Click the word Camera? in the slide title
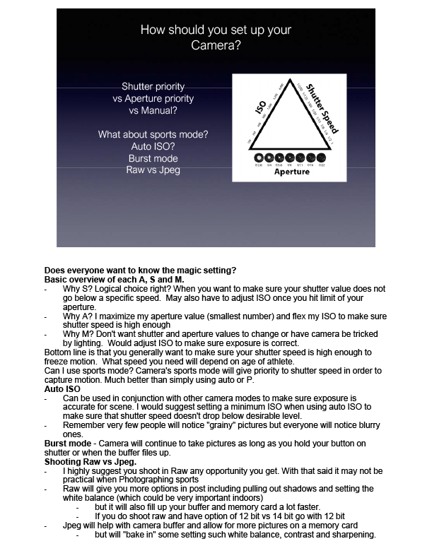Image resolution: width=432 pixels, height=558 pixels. coord(216,46)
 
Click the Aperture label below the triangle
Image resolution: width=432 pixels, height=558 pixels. coord(291,172)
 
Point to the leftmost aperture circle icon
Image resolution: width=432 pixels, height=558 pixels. coord(258,157)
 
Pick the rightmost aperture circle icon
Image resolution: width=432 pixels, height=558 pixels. coord(322,157)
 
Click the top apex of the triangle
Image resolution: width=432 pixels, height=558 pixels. coord(289,76)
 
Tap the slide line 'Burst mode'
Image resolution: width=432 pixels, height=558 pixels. coord(153,158)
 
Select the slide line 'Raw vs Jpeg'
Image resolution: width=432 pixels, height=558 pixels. coord(153,170)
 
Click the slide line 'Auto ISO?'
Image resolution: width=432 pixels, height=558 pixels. coord(153,146)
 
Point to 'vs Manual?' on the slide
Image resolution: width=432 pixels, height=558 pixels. coord(153,111)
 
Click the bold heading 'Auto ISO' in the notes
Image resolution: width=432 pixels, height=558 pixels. coord(63,389)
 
